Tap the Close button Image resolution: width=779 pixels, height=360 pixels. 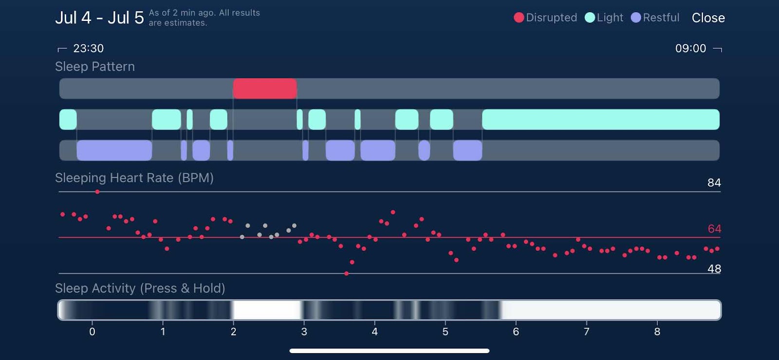708,18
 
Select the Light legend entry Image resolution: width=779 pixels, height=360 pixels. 604,18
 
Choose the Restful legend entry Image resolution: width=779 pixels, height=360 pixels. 655,18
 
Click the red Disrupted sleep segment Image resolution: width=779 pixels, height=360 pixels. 265,89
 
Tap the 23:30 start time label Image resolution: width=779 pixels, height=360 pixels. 88,48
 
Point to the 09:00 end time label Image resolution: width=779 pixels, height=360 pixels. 690,48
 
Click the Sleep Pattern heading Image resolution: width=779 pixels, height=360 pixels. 95,67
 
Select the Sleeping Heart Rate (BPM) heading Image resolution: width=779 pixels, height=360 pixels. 134,178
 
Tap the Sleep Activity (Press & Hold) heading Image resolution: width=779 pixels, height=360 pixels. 140,288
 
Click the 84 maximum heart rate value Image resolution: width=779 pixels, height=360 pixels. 714,183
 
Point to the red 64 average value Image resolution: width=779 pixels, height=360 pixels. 714,229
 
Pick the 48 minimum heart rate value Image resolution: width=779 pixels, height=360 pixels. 714,269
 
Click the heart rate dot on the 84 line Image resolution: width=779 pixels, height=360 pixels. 97,192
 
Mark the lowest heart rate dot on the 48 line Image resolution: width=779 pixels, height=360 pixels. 346,274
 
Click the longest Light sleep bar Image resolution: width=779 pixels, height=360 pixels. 600,119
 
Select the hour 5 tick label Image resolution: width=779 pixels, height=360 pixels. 445,332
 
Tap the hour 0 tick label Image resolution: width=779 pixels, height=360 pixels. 92,332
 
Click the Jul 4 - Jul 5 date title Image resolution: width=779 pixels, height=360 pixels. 99,18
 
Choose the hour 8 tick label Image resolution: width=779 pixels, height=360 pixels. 657,332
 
